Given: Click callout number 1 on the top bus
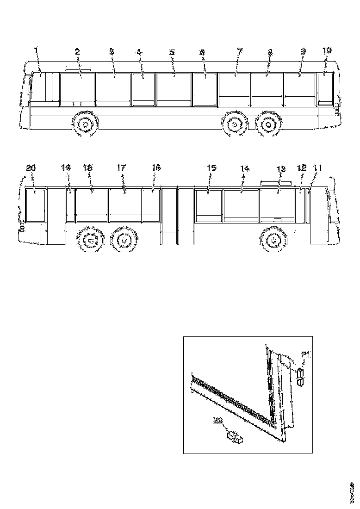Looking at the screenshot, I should point(37,50).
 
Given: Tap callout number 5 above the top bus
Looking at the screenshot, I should point(172,52).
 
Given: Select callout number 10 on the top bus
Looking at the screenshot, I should point(327,51).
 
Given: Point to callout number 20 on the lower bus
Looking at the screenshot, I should point(31,168).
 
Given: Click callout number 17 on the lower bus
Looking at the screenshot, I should point(121,168).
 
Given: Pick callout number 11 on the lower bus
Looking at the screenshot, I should point(317,168).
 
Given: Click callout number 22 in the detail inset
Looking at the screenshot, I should point(218,421).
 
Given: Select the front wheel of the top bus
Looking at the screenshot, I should point(85,125).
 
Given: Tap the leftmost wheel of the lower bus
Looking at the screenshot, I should point(91,241).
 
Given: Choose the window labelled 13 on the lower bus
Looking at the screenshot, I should point(277,204).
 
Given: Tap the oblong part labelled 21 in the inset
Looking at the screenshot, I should point(300,377).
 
